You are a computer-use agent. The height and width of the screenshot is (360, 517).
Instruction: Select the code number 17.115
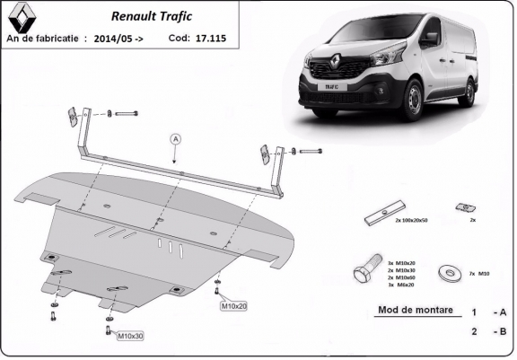210,39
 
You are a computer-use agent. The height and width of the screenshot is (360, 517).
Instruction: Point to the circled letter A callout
175,138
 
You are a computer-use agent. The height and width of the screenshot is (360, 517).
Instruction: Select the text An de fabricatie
43,39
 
